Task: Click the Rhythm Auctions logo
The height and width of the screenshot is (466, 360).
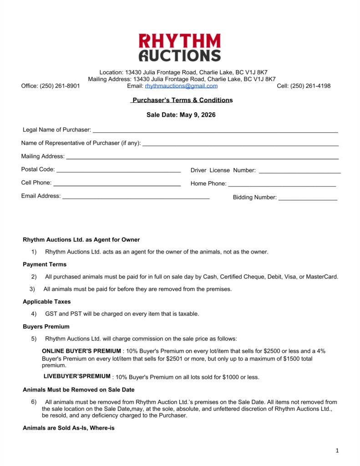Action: tap(180, 47)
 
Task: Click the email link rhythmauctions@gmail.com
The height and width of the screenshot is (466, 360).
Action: tap(181, 86)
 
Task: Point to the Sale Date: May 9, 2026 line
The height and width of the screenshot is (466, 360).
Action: tap(181, 115)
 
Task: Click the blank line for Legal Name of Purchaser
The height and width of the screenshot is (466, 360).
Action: tap(215, 132)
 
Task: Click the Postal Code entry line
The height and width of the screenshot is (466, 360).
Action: tap(118, 172)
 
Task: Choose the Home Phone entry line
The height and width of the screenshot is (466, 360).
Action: tap(282, 186)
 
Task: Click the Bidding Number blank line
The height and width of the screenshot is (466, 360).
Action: tap(308, 199)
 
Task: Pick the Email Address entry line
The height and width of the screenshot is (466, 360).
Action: tap(136, 198)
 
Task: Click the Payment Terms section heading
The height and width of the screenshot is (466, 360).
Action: tap(45, 264)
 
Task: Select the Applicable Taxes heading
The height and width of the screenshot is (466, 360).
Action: tap(47, 302)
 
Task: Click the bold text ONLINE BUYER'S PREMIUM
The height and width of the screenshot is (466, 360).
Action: tap(81, 351)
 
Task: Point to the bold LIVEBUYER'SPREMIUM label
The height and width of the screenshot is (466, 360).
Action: tap(77, 376)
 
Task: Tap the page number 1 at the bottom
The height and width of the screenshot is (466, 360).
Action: tap(337, 451)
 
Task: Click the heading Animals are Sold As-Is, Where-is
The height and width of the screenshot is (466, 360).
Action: tap(68, 428)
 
